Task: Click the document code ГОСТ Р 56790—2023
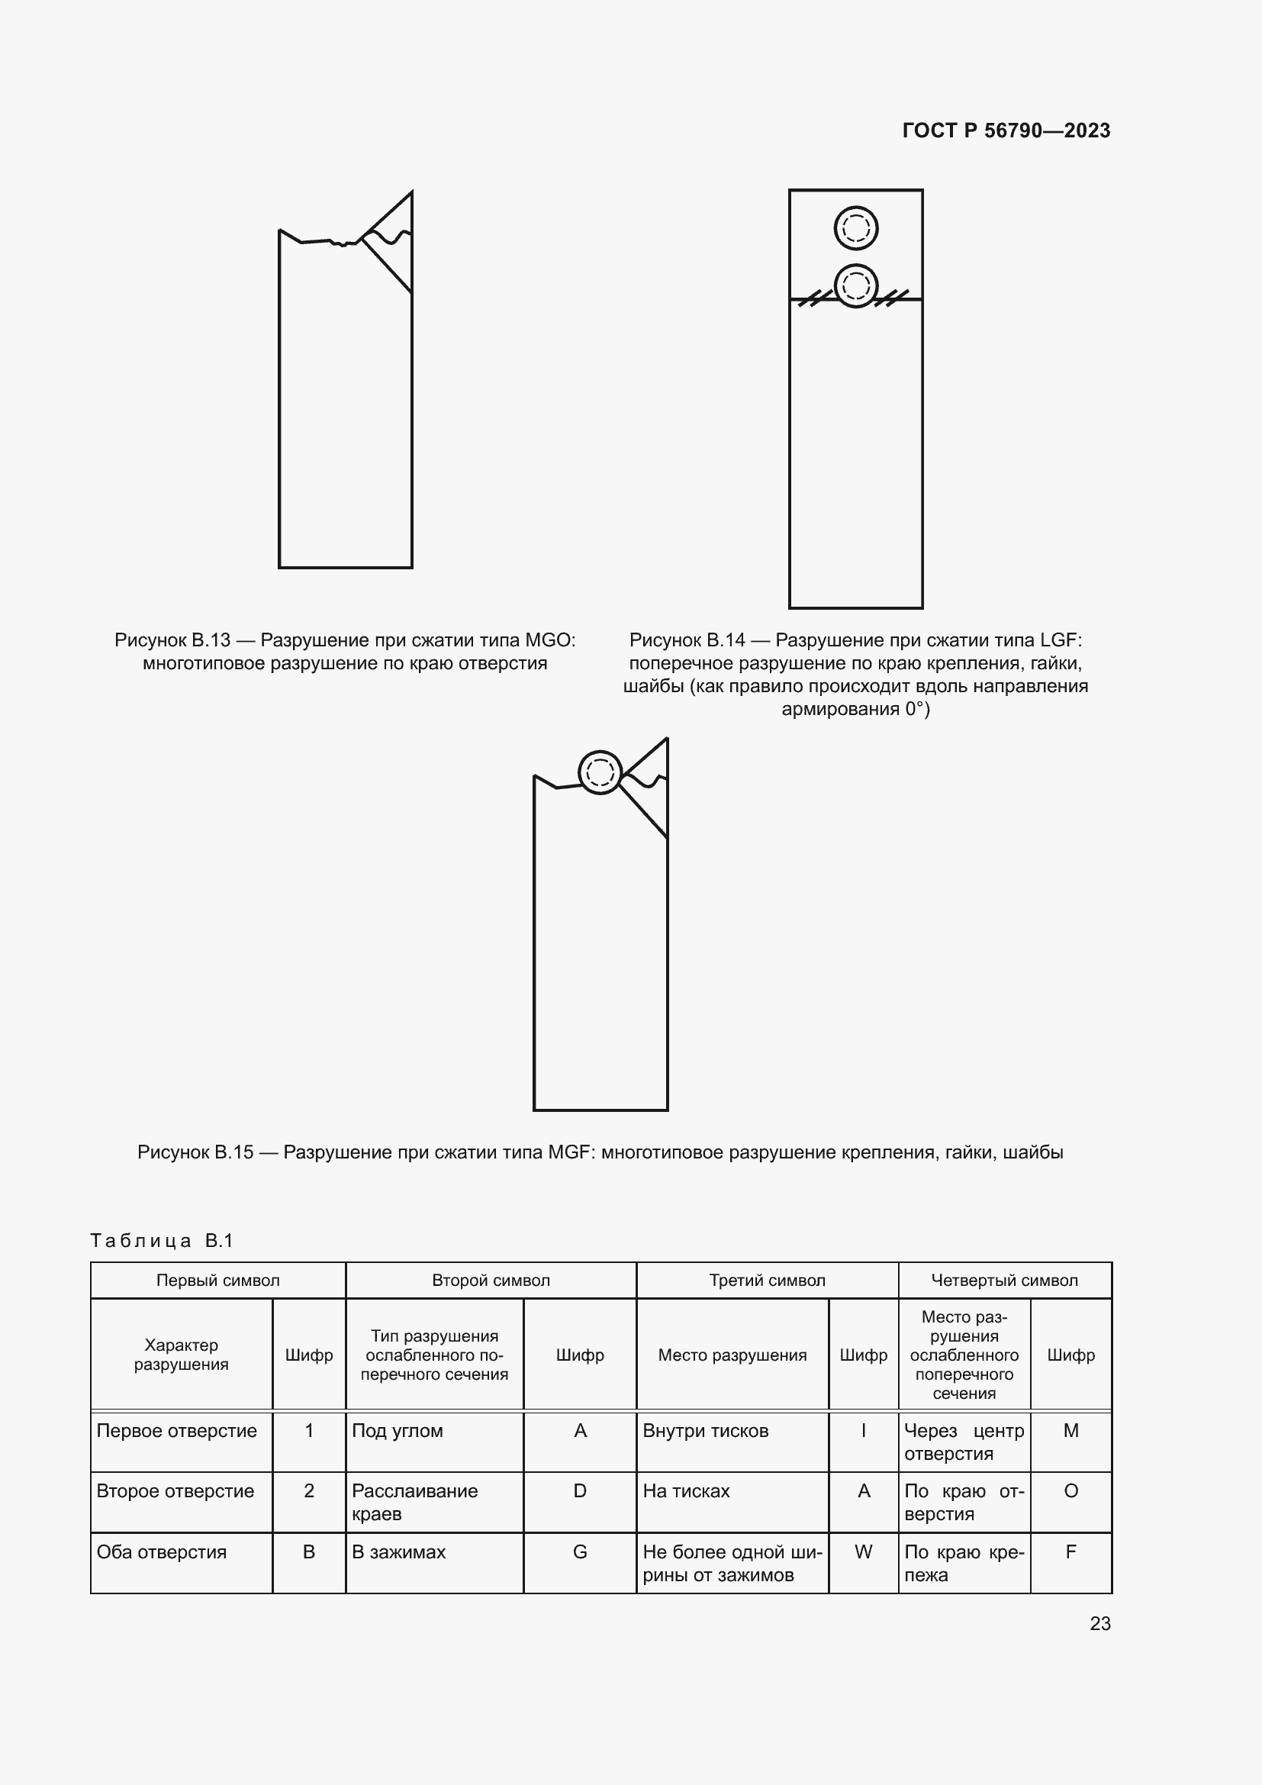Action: pyautogui.click(x=1006, y=130)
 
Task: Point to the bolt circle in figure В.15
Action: pyautogui.click(x=600, y=772)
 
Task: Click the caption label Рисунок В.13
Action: pyautogui.click(x=172, y=640)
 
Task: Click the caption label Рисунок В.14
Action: pyautogui.click(x=687, y=640)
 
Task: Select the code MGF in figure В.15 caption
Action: pyautogui.click(x=571, y=1152)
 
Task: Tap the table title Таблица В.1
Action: pyautogui.click(x=162, y=1241)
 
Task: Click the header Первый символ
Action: pyautogui.click(x=217, y=1281)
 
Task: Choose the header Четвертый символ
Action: pyautogui.click(x=1004, y=1281)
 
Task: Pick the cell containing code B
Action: pyautogui.click(x=308, y=1551)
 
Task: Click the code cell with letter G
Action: pyautogui.click(x=580, y=1551)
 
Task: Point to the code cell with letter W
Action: pyautogui.click(x=863, y=1551)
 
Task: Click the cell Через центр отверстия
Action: pyautogui.click(x=964, y=1442)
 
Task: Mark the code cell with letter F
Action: pyautogui.click(x=1070, y=1551)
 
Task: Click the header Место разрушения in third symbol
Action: pyautogui.click(x=732, y=1355)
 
